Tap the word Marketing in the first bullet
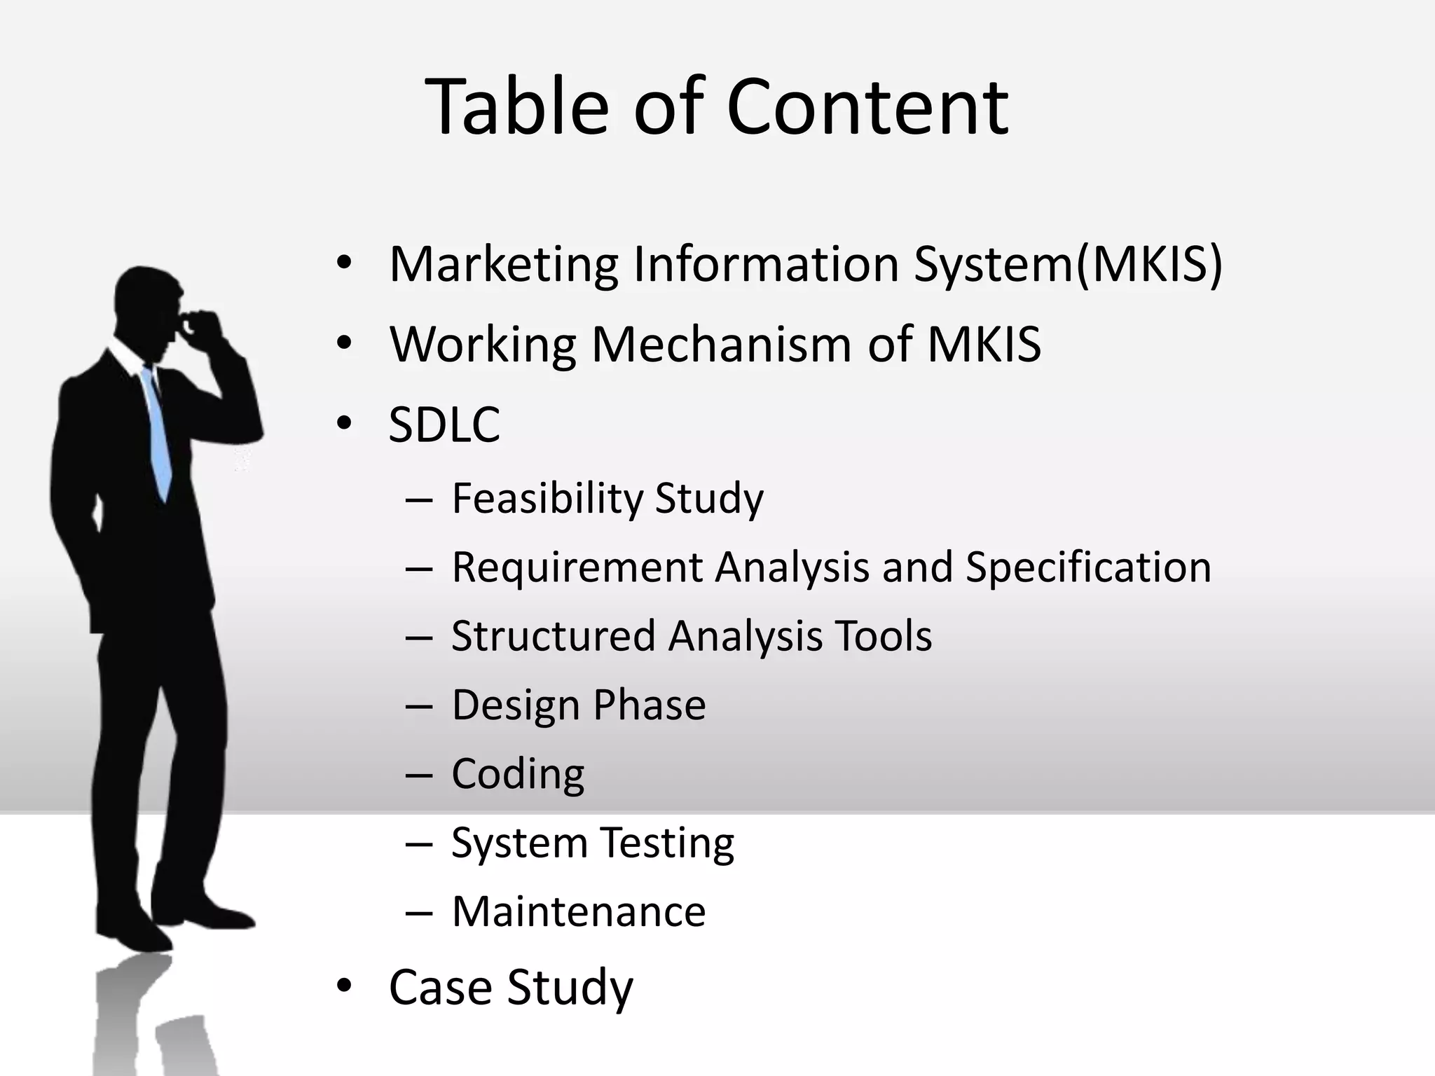click(x=504, y=265)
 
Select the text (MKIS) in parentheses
click(x=1149, y=265)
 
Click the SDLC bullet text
click(x=444, y=425)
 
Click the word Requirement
click(x=577, y=567)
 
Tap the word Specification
click(x=1088, y=567)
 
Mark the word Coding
click(x=518, y=774)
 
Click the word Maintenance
click(x=579, y=911)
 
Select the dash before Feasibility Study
click(x=418, y=499)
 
